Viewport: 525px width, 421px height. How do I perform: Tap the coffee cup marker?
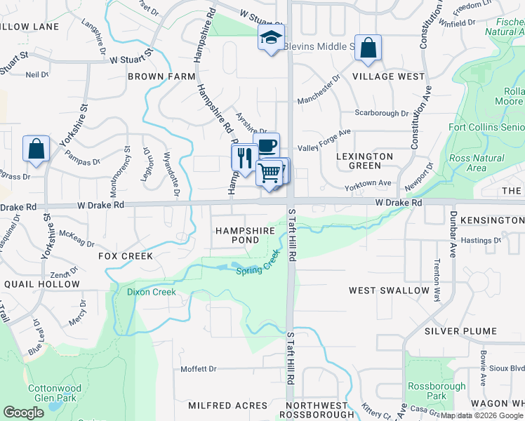point(267,146)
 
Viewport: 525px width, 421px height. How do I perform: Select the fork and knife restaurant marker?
point(244,157)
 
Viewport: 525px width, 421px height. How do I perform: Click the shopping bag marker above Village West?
point(368,48)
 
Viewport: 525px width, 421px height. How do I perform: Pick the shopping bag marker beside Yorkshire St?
point(36,149)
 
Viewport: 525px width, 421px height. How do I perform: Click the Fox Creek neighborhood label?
point(126,256)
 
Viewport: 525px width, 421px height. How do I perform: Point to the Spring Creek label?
point(258,267)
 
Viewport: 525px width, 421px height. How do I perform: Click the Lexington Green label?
point(364,161)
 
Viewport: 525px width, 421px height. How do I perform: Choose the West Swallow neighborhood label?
point(390,290)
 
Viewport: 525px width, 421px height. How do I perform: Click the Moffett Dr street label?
point(199,369)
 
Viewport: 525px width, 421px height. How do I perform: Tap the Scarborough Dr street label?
point(381,113)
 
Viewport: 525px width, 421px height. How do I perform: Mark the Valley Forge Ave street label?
point(324,140)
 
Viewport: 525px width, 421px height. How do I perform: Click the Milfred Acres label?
point(227,406)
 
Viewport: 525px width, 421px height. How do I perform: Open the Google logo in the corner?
point(23,413)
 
